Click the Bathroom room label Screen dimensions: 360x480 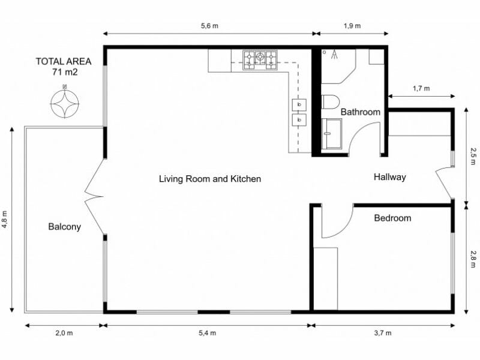(x=360, y=112)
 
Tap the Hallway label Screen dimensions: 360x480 (x=390, y=177)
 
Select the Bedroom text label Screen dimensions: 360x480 (x=392, y=218)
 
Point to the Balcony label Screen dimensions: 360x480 (x=64, y=227)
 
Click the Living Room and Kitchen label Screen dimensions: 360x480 (x=210, y=179)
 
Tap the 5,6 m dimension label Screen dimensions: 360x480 (x=208, y=26)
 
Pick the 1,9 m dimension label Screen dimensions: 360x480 (x=352, y=26)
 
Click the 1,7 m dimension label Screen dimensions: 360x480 (x=421, y=88)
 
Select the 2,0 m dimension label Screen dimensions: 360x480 (x=64, y=333)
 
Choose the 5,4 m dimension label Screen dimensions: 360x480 (x=208, y=333)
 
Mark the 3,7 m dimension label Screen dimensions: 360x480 (x=382, y=333)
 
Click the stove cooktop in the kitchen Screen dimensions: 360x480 (x=260, y=58)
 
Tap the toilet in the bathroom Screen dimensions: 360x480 (x=331, y=102)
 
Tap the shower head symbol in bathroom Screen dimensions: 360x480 (x=334, y=55)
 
